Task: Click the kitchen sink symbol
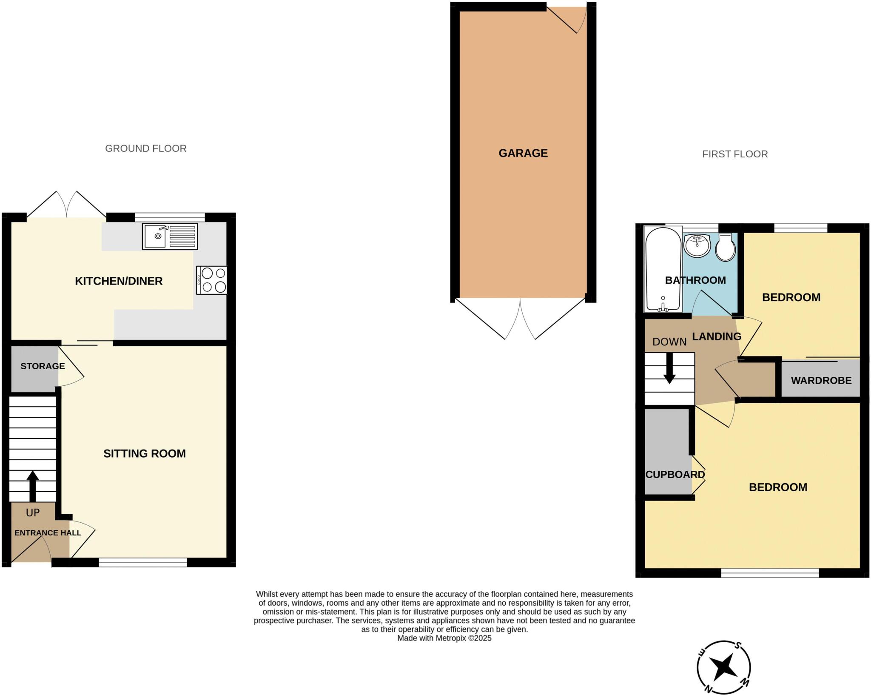170,236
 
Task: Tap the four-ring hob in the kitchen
212,280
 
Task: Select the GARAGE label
523,153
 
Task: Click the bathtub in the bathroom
663,269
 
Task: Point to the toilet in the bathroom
726,248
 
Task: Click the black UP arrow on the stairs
33,486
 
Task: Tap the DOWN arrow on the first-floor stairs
669,368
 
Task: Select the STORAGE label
43,366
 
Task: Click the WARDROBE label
821,381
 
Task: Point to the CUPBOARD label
675,474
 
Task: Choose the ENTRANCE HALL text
48,533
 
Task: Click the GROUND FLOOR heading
145,148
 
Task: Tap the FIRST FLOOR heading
734,154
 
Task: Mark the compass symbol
723,667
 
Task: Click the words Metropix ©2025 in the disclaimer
463,638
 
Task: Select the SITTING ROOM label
144,453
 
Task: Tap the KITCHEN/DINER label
119,281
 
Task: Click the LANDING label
716,336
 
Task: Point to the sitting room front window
142,563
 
